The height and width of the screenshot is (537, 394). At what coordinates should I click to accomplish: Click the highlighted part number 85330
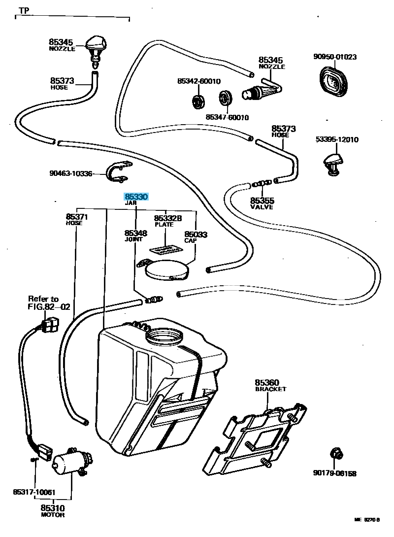coord(136,197)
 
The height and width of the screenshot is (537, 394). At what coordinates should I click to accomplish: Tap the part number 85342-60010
coord(199,81)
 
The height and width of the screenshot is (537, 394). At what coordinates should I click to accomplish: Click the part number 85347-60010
coord(227,118)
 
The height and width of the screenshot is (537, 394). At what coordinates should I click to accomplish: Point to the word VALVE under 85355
coord(262,208)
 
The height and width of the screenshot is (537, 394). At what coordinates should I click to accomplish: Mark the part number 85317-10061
coord(34,492)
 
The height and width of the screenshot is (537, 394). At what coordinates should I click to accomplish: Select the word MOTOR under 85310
coord(53,515)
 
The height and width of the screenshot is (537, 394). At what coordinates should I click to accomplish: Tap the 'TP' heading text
coord(24,10)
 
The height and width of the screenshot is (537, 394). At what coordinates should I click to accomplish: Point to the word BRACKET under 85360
coord(270,389)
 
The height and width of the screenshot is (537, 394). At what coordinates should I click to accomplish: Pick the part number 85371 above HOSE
coord(77,217)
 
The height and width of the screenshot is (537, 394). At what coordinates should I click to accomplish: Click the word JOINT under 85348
coord(133,239)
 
